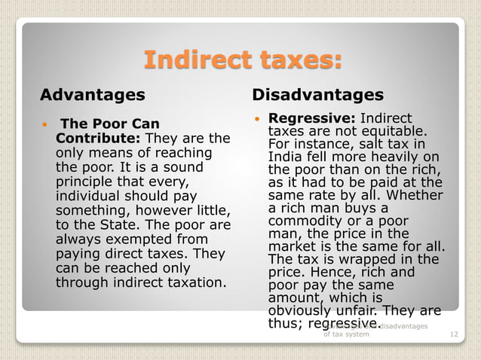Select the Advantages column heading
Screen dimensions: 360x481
pyautogui.click(x=92, y=96)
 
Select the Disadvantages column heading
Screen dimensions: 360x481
pyautogui.click(x=317, y=96)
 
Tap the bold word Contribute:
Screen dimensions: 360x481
pyautogui.click(x=98, y=139)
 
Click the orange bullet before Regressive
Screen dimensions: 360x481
pyautogui.click(x=257, y=119)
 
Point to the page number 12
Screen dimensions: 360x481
pyautogui.click(x=453, y=334)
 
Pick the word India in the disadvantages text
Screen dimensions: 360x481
pyautogui.click(x=286, y=157)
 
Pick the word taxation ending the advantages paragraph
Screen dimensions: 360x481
pyautogui.click(x=192, y=283)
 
